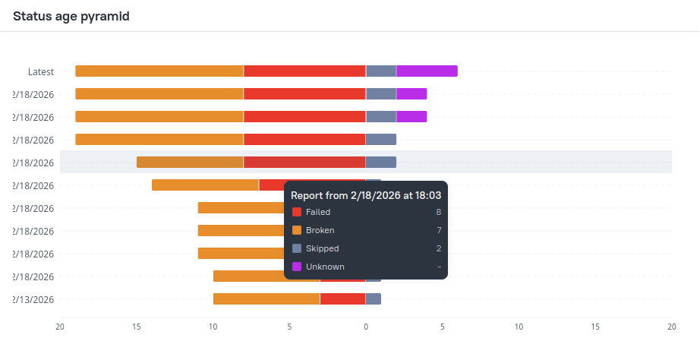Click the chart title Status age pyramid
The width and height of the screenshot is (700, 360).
(71, 16)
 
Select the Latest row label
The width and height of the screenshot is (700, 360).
(41, 71)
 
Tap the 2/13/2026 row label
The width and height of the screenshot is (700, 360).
(33, 299)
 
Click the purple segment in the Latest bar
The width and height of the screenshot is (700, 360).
(427, 71)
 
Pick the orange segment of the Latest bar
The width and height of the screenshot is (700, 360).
(159, 71)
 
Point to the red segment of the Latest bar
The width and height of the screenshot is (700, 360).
(304, 71)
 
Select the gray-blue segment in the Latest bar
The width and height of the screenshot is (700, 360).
(381, 71)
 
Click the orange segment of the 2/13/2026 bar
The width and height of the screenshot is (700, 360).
(266, 299)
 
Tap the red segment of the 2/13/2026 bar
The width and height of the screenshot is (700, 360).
(342, 299)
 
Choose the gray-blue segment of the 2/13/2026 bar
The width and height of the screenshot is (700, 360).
(374, 299)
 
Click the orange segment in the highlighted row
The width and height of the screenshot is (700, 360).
(190, 163)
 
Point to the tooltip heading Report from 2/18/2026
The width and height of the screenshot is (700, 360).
(366, 195)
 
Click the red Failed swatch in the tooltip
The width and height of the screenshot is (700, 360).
(297, 213)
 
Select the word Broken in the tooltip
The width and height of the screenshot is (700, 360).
(320, 230)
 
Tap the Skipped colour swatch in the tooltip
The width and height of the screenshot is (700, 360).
(297, 248)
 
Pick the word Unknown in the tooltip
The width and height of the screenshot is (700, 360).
(325, 267)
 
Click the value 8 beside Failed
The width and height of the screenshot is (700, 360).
(438, 213)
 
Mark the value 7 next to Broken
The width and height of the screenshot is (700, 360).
(438, 230)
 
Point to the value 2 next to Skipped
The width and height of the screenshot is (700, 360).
(438, 248)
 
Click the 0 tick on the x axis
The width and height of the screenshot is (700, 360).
(366, 327)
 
